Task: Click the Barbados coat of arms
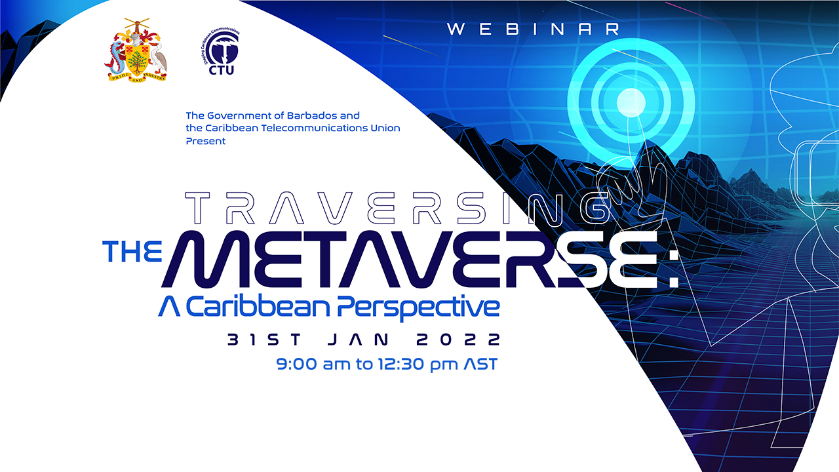(136, 49)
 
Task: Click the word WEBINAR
(534, 29)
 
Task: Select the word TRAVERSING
(400, 208)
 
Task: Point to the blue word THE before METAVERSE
(132, 251)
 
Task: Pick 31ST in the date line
(264, 340)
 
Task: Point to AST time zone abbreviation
(480, 364)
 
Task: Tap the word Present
(206, 141)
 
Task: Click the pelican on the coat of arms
(159, 59)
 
